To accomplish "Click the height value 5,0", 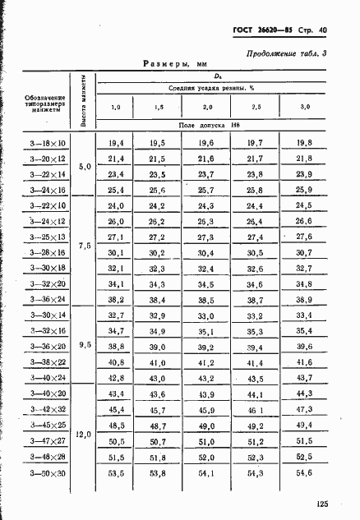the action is point(84,167).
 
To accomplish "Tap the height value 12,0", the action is point(84,434).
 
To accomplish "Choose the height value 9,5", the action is point(84,347).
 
